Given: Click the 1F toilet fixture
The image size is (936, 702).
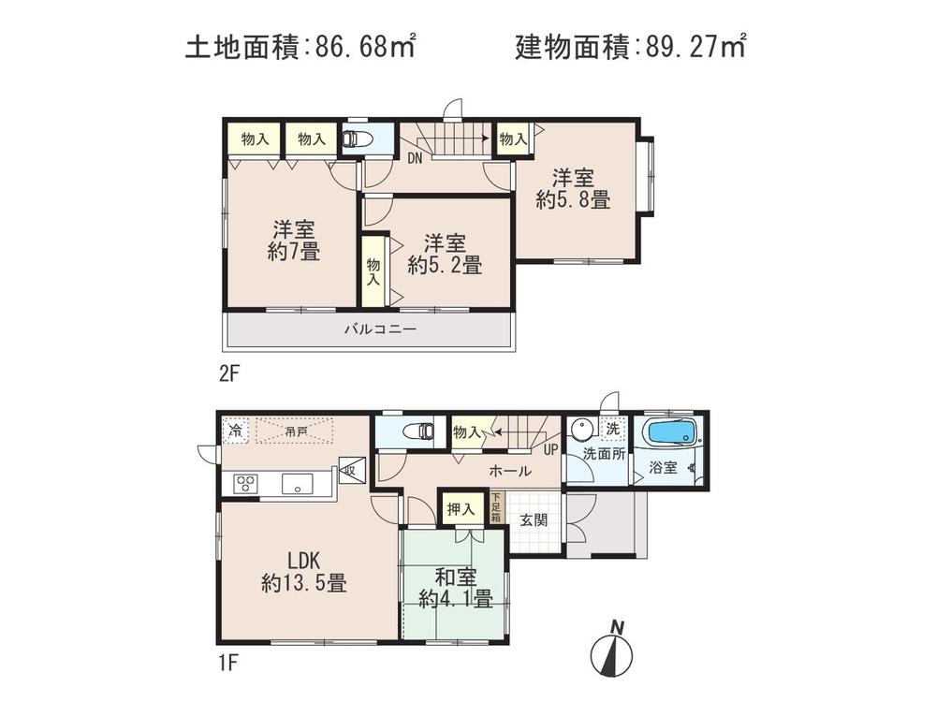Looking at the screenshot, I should point(417,432).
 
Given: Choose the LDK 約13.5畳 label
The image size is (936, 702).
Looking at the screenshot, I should point(303,572).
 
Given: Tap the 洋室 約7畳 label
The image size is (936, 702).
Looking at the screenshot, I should point(293,240).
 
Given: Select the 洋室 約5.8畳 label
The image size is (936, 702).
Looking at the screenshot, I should point(573,187).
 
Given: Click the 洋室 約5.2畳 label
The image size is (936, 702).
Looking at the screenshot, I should point(445,254).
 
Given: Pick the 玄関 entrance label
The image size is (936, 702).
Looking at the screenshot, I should point(534,520).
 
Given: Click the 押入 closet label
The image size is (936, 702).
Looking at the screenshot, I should point(459,510).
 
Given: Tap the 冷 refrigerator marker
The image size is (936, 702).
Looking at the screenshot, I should point(235,431).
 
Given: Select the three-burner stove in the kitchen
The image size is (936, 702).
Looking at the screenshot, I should point(246,484).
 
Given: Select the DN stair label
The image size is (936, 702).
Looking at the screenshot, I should point(415,158).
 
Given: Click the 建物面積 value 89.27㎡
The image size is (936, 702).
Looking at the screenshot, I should point(695,46).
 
